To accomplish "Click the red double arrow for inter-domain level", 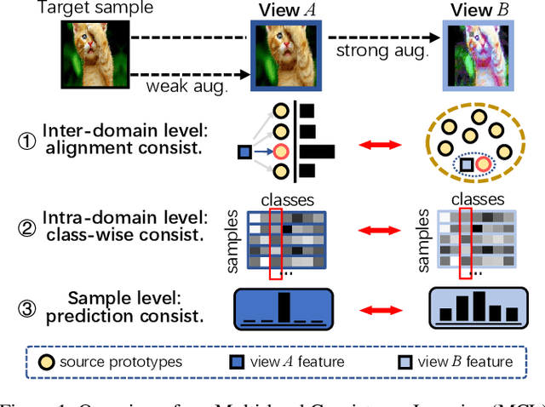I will [376, 146].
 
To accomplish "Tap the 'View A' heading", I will [281, 12].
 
